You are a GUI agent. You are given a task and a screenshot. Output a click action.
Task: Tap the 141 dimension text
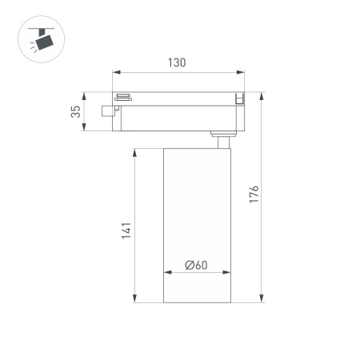[x=125, y=230]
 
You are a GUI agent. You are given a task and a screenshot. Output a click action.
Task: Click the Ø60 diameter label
[x=196, y=266]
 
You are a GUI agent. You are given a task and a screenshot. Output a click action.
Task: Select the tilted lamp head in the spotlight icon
[x=42, y=41]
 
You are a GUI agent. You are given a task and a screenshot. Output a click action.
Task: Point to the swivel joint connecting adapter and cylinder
[x=220, y=138]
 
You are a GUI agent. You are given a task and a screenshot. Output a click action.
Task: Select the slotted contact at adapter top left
[x=123, y=98]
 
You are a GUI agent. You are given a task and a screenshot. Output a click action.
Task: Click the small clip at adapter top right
[x=238, y=98]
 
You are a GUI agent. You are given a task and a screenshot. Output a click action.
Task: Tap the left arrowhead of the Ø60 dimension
[x=165, y=273]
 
